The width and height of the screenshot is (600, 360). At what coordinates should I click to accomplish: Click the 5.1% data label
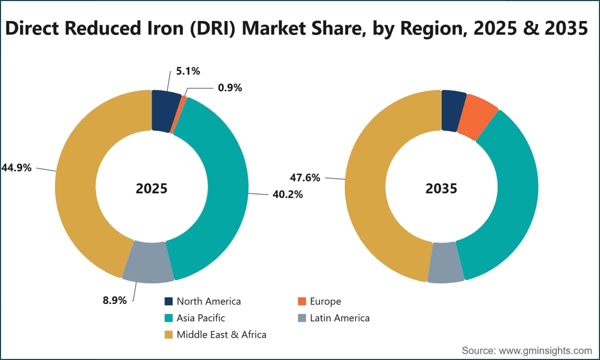[x=188, y=71]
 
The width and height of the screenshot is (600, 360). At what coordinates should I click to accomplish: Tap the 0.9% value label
[x=230, y=88]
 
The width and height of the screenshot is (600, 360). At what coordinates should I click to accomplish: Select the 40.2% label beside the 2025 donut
[x=287, y=194]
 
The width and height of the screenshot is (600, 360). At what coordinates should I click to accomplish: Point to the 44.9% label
[x=16, y=168]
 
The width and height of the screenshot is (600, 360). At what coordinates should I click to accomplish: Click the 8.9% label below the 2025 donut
[x=114, y=300]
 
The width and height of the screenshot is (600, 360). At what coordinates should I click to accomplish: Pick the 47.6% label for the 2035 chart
[x=305, y=177]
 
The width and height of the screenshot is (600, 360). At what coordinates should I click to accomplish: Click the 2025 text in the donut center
[x=151, y=188]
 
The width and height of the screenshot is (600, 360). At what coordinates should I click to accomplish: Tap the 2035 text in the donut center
[x=441, y=188]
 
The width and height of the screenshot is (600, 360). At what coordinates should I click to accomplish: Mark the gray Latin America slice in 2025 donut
[x=148, y=262]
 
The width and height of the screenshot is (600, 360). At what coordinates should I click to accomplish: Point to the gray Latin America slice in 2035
[x=445, y=263]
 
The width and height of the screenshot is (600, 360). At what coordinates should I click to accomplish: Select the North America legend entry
[x=202, y=301]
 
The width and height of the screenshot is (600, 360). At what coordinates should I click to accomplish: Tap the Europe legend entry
[x=319, y=301]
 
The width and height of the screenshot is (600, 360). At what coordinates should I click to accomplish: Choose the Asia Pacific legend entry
[x=194, y=318]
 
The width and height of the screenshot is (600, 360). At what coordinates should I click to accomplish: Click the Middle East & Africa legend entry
[x=215, y=334]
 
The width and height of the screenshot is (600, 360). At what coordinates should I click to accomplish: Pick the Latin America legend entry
[x=334, y=318]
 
